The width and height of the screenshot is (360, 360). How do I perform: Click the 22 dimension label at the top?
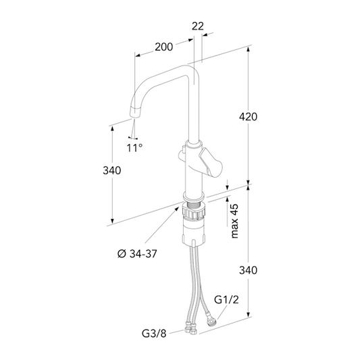(x=198, y=26)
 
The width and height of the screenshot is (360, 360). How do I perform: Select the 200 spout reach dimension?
(x=163, y=47)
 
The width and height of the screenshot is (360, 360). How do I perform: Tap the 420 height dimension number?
(x=248, y=117)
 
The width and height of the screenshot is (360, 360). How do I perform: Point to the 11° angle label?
(x=135, y=148)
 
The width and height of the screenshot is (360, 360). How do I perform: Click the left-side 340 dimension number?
(x=112, y=171)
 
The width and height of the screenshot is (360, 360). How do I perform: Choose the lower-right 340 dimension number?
(x=248, y=270)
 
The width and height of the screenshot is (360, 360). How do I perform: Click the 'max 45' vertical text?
(x=234, y=221)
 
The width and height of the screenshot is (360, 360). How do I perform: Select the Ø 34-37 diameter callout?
(x=137, y=254)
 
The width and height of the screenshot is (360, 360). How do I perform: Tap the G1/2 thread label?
(x=226, y=300)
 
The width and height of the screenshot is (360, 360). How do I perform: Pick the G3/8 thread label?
(x=154, y=334)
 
